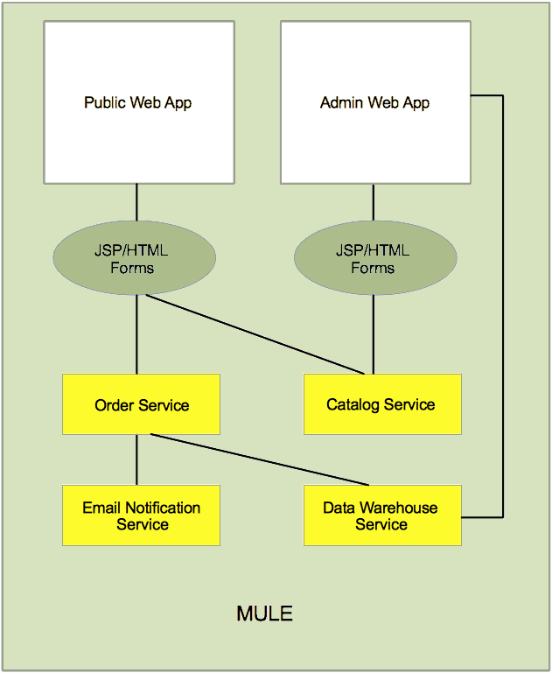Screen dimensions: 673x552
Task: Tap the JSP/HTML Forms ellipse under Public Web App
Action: tap(136, 259)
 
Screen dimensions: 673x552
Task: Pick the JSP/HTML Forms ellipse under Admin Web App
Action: tap(374, 259)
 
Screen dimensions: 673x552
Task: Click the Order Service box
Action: tap(141, 404)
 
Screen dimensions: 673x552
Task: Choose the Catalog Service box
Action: tap(381, 404)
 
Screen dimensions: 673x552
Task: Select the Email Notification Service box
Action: tap(141, 515)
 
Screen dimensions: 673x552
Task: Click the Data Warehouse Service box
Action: tap(381, 515)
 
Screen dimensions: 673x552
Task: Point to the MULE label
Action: tap(264, 613)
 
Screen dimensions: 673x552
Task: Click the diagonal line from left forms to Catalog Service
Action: tap(254, 333)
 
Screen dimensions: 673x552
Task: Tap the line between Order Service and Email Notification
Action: tap(136, 459)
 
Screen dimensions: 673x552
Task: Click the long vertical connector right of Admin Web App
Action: tap(503, 306)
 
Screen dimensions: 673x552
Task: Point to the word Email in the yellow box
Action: tap(101, 508)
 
